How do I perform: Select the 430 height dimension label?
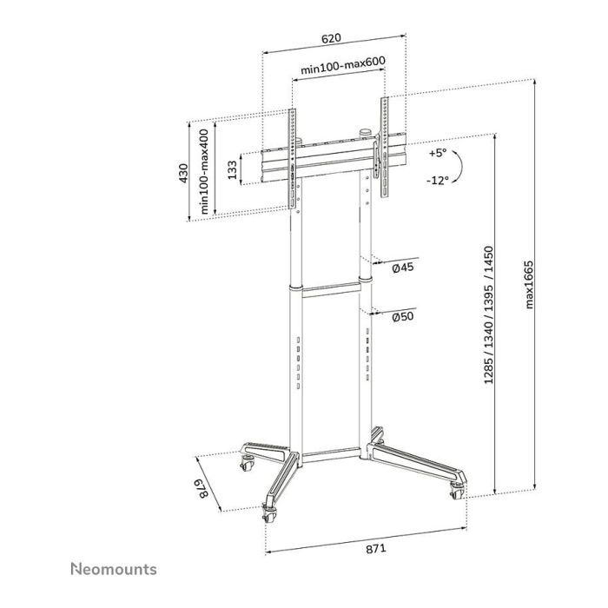[183, 174]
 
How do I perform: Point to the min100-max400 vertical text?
[204, 171]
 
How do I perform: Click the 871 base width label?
[373, 550]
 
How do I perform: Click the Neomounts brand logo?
[113, 569]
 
